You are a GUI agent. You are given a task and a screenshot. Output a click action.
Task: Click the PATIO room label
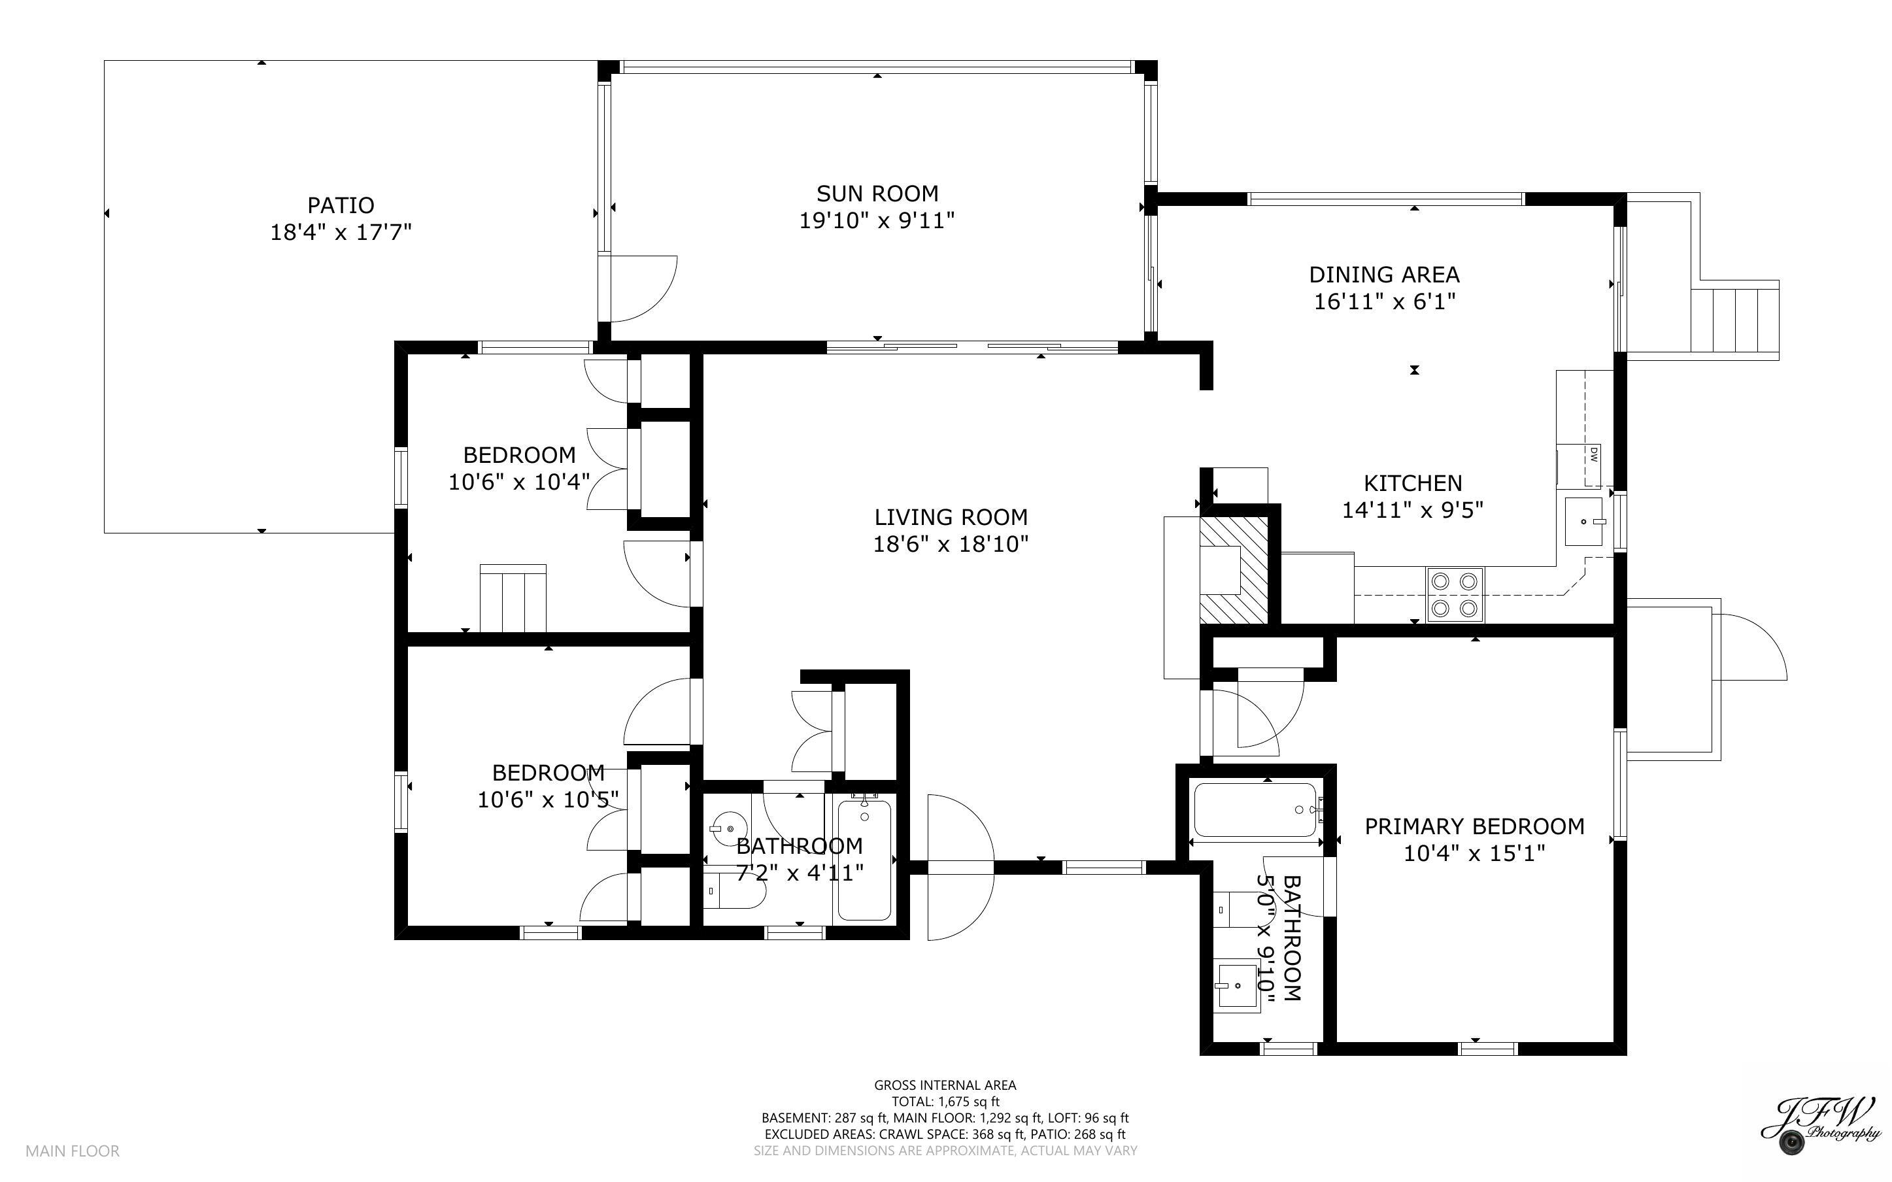click(x=340, y=205)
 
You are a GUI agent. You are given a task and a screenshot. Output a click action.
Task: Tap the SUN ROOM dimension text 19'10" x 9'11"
click(x=876, y=221)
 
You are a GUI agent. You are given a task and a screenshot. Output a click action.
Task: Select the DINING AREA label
click(x=1383, y=275)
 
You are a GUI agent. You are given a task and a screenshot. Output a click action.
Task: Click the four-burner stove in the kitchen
click(x=1455, y=594)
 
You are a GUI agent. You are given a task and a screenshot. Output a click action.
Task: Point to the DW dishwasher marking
click(x=1593, y=454)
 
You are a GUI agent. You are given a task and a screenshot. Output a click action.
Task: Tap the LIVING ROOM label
click(x=951, y=516)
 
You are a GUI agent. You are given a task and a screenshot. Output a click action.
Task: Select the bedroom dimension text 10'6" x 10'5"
click(x=548, y=800)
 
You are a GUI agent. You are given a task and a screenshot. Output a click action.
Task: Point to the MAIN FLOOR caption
click(x=72, y=1151)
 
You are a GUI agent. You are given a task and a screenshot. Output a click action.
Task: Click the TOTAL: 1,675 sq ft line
click(x=945, y=1102)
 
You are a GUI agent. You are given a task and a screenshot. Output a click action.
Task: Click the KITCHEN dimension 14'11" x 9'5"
click(x=1412, y=511)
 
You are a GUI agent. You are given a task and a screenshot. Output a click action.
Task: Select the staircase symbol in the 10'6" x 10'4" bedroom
click(x=513, y=598)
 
